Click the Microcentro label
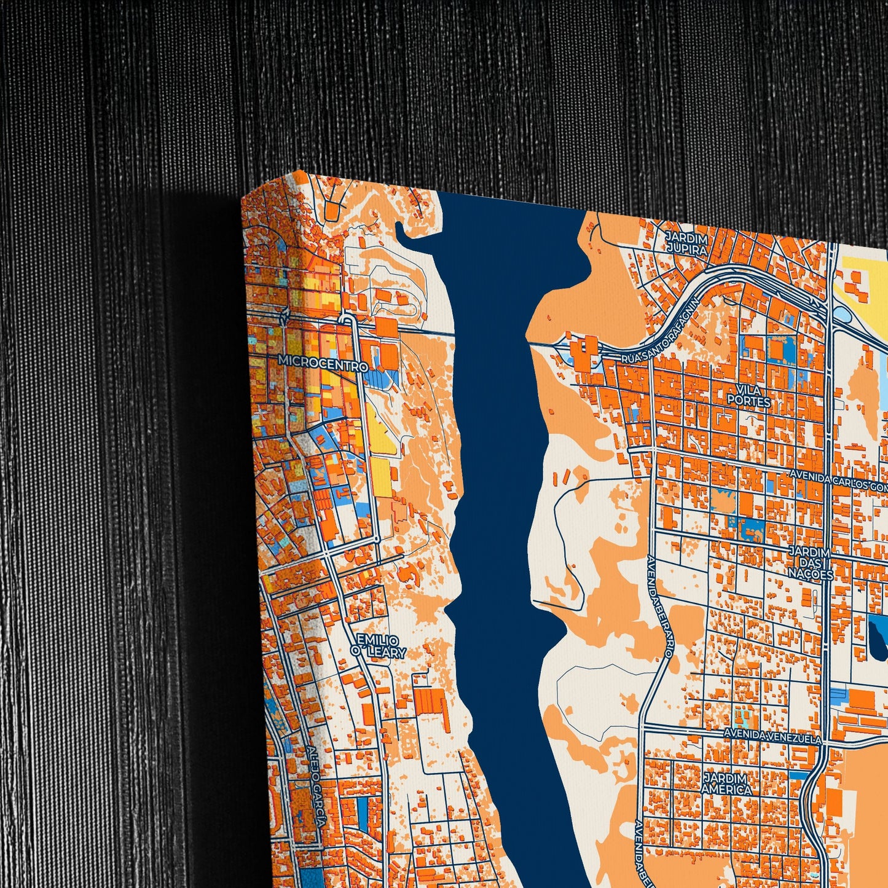323,363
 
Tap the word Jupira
686,250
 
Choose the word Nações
811,575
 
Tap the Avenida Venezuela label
772,736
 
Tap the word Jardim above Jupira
686,238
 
